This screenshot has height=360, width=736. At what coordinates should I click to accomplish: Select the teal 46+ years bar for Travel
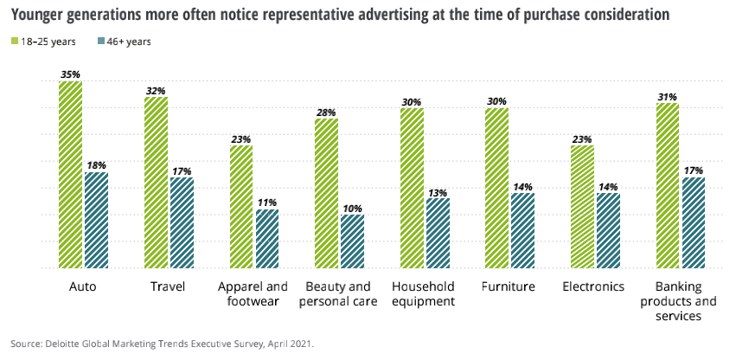[182, 223]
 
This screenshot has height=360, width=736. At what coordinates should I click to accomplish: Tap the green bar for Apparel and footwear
[241, 207]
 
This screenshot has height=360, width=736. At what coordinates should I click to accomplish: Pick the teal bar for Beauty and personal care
[352, 241]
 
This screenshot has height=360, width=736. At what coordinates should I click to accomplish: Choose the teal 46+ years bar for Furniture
[522, 231]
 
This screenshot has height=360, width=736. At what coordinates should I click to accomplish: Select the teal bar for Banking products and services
[694, 223]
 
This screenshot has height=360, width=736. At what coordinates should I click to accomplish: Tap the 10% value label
[352, 208]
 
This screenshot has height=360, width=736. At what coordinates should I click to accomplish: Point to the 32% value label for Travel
[156, 90]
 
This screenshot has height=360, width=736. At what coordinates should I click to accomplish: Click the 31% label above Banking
[668, 97]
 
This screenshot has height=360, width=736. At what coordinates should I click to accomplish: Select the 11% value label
[266, 202]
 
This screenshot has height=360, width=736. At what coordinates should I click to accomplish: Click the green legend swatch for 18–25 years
[14, 41]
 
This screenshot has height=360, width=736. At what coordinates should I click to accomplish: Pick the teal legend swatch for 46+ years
[102, 41]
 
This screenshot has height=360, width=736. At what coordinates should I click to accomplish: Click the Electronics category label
[593, 286]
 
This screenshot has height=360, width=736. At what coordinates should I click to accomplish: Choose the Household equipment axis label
[424, 294]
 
